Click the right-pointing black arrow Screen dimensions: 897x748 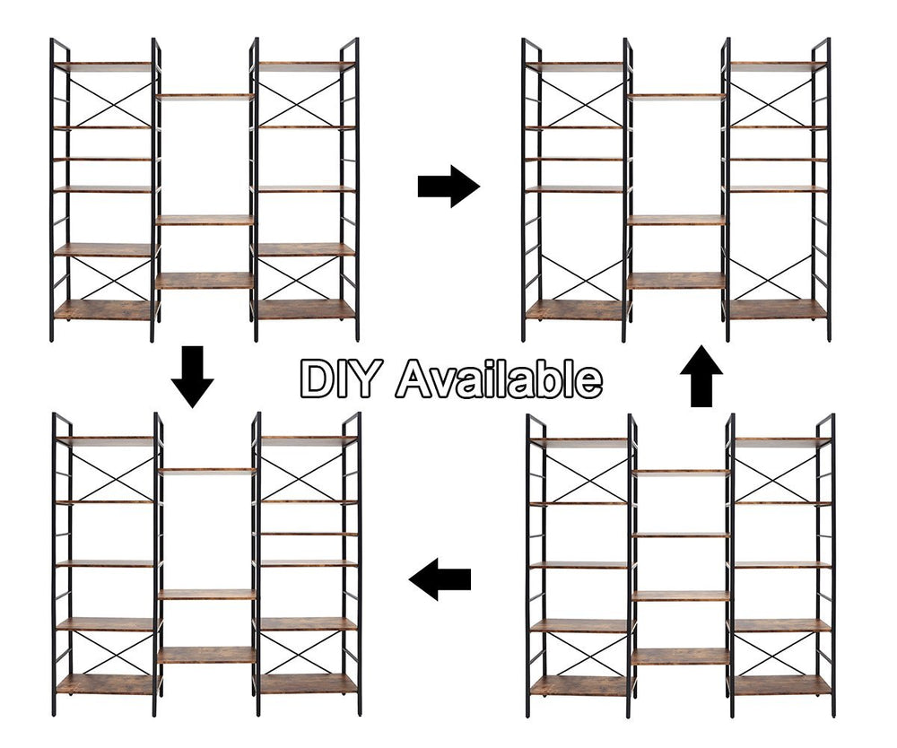coord(448,187)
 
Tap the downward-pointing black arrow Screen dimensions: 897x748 coord(192,377)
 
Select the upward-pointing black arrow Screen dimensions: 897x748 coord(701,376)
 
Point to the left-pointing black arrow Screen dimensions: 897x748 coord(440,579)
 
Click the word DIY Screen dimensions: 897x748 coord(338,378)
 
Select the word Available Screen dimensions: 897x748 coord(498,378)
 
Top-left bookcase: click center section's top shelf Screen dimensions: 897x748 coord(205,97)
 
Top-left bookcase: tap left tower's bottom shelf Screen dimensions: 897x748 coord(105,309)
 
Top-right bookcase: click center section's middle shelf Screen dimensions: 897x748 coord(676,220)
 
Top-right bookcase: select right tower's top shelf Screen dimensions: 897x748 coord(779,66)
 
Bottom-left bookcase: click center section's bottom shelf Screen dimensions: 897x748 coord(206,655)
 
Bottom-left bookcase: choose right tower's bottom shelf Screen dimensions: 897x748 coord(309,684)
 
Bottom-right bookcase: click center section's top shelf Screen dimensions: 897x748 coord(680,473)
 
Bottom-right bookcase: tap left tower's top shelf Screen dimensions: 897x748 coord(579,442)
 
